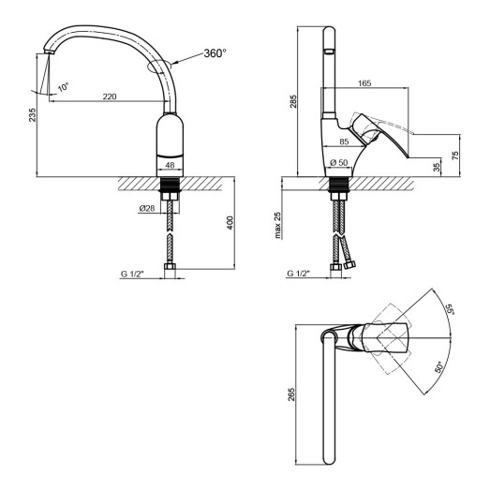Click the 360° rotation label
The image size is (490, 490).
[x=215, y=53]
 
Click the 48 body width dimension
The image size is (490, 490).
[x=170, y=165]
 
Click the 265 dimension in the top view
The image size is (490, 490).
[x=292, y=398]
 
